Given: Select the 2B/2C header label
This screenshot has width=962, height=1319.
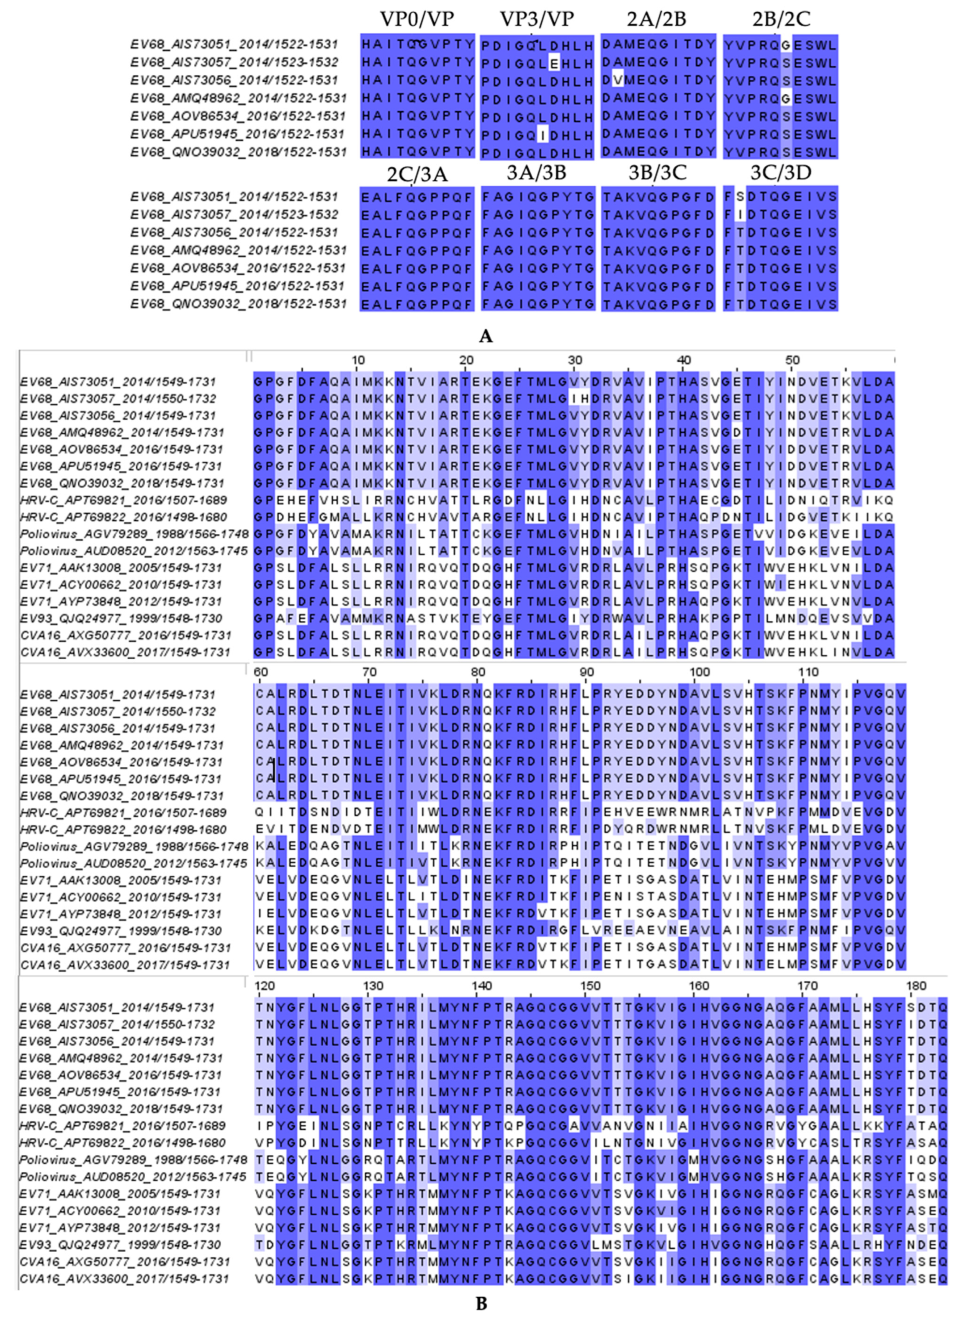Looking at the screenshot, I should (780, 19).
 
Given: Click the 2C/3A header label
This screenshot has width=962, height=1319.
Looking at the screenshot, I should (417, 174).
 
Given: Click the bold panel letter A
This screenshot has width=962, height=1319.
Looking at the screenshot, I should (485, 336).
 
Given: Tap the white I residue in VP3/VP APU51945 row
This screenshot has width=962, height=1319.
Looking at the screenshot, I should (543, 134).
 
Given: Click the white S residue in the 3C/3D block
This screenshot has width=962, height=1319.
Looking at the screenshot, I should (740, 197).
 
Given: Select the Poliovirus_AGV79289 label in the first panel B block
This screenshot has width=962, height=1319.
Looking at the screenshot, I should (134, 534).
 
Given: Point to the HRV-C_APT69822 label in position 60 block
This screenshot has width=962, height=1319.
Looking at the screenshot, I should (123, 829).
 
